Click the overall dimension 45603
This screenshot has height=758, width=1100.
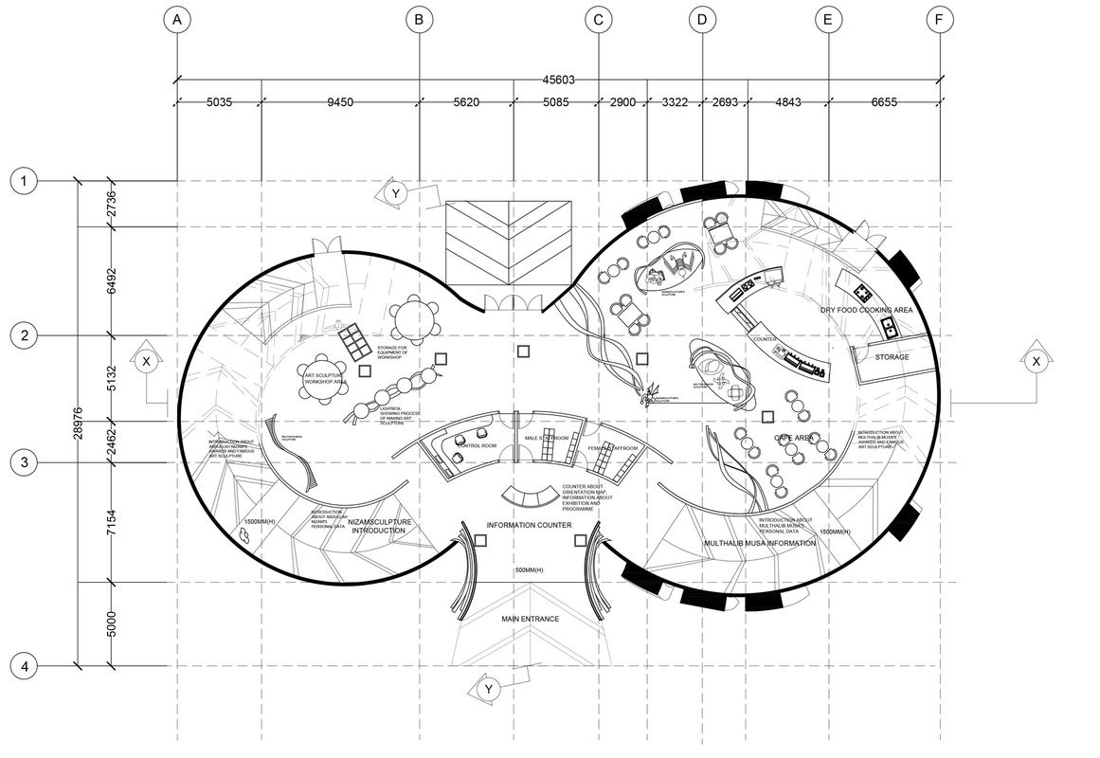[558, 81]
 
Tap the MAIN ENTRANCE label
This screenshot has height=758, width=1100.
[530, 619]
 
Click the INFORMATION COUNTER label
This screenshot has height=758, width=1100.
[530, 525]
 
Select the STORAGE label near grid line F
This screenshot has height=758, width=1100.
[892, 357]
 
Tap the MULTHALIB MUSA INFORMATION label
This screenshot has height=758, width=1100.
[760, 544]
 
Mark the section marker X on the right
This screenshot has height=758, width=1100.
[1036, 361]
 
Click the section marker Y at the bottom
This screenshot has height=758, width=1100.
[489, 690]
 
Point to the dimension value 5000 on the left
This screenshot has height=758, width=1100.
[112, 624]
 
